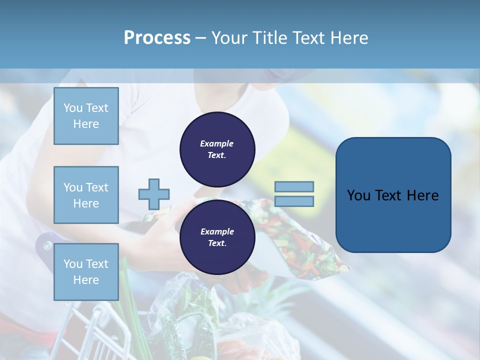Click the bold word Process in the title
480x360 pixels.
[x=157, y=38]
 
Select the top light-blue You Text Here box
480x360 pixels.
[x=86, y=116]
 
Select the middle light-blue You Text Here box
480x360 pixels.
[x=86, y=195]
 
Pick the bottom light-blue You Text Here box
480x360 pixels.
[x=86, y=272]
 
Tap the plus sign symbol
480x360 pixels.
[x=154, y=194]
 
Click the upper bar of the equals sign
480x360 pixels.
[x=294, y=186]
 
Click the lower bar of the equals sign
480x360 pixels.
[x=294, y=201]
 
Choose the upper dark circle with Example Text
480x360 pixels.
[x=217, y=149]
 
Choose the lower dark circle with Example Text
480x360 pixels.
[x=217, y=237]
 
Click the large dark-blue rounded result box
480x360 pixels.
[x=393, y=194]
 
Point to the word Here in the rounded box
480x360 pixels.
[x=423, y=195]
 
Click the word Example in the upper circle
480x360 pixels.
[x=217, y=143]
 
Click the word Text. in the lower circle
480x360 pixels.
[x=217, y=243]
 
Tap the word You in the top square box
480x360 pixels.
[x=73, y=108]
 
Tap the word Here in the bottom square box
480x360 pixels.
[x=86, y=280]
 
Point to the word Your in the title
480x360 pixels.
[x=226, y=38]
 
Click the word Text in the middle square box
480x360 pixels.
[x=96, y=187]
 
